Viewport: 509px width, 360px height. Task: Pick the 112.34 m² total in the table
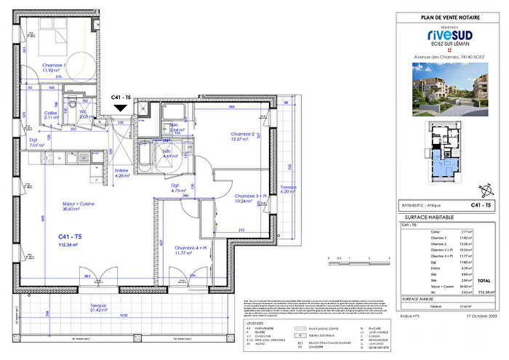pyautogui.click(x=486, y=290)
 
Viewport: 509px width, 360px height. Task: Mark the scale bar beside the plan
pyautogui.click(x=349, y=259)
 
